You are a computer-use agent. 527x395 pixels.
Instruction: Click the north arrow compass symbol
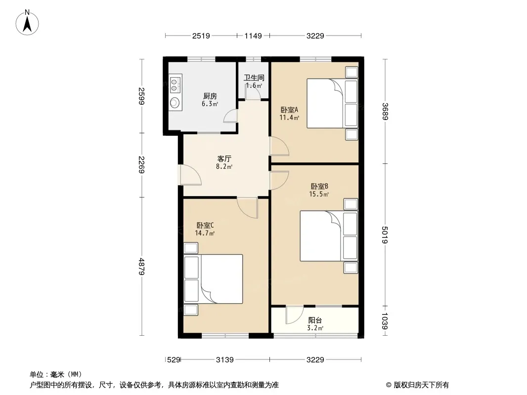27,23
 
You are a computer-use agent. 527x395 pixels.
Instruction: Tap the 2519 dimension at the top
201,36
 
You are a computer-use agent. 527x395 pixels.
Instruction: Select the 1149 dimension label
253,36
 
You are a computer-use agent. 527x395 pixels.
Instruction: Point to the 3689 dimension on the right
385,111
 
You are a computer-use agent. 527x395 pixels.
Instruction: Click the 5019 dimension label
385,235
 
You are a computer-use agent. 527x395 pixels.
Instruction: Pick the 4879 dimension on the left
141,267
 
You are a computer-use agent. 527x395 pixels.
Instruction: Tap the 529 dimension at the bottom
174,360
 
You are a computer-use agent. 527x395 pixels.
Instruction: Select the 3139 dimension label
224,360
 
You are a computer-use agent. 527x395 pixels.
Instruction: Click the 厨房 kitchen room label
210,96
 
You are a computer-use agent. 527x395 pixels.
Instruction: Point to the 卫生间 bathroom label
254,78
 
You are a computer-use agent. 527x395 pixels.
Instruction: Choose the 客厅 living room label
224,158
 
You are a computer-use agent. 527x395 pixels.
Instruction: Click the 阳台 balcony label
315,320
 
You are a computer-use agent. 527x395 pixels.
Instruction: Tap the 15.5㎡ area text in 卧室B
319,194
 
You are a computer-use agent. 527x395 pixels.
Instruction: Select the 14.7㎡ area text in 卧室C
205,233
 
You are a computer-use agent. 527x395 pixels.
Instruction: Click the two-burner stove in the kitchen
175,85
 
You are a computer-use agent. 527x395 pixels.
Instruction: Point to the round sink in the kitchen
175,102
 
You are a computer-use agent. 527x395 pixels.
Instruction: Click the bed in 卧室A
332,103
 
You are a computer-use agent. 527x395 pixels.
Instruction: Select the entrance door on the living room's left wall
190,175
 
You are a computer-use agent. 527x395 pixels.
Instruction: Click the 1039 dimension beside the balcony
385,321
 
